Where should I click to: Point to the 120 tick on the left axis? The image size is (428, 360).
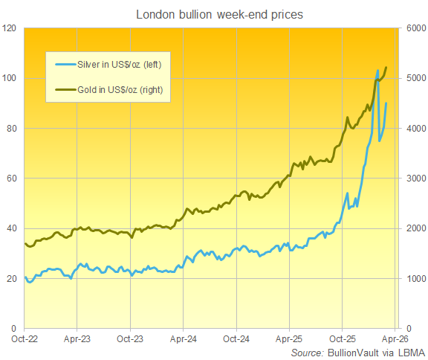(10, 28)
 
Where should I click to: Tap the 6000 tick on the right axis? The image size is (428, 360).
(414, 28)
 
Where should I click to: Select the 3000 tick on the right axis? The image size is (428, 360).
(414, 179)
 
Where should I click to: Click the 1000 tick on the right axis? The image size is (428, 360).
(414, 278)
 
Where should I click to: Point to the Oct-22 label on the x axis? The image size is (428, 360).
(25, 338)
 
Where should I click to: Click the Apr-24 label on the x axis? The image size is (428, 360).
(183, 338)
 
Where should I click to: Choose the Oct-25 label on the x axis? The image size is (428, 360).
(342, 338)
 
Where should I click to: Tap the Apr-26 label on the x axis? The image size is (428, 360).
(395, 338)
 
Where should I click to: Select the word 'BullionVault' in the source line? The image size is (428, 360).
(353, 352)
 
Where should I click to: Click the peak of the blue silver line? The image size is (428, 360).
(378, 71)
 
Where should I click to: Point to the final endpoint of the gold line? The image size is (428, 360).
(386, 68)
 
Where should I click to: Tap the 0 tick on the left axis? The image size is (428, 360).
(16, 328)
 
